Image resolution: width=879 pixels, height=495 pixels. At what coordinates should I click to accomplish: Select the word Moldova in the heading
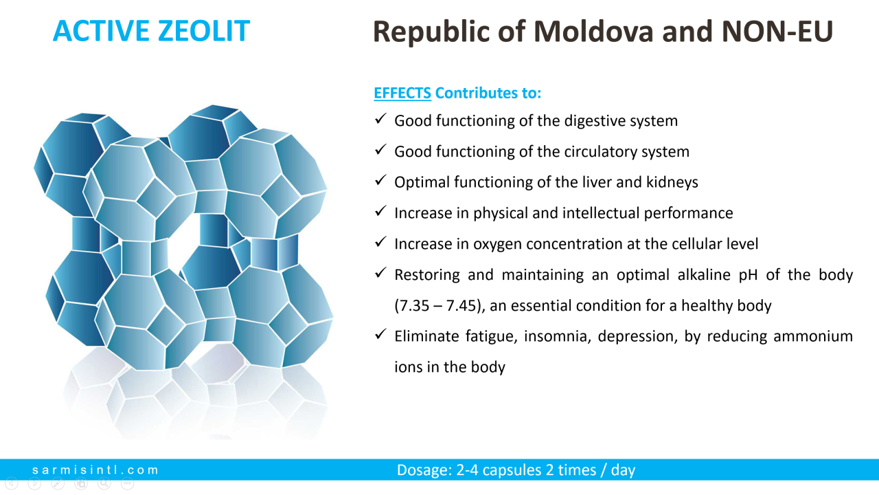coord(593,32)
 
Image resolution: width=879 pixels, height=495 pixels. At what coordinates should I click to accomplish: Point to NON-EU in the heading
coord(777,32)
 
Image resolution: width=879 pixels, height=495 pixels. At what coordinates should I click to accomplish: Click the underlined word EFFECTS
coord(402,93)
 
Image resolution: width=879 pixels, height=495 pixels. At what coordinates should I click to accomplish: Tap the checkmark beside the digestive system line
coord(380,119)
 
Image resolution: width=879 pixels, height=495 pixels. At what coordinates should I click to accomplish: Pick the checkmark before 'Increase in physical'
coord(380,211)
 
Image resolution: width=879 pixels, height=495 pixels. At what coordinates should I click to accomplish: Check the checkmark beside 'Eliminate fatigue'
coord(380,334)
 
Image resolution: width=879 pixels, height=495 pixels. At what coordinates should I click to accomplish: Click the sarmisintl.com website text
coord(95,470)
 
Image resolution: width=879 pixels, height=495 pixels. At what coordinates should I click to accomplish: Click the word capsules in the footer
coord(512,470)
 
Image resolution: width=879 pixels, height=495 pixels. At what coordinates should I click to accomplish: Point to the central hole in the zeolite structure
coord(183,243)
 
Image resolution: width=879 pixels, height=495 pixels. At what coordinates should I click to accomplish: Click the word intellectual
coord(601,213)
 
